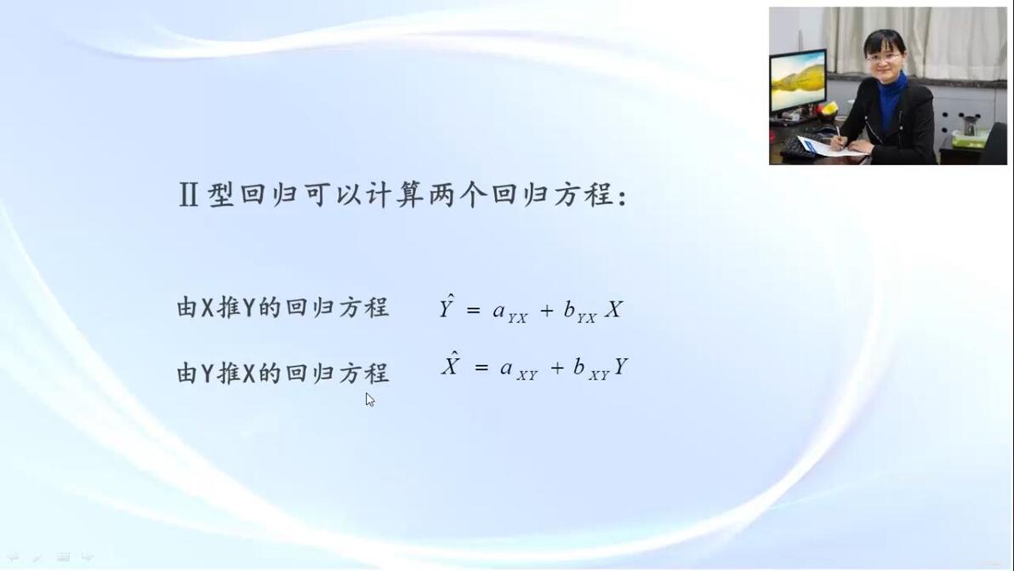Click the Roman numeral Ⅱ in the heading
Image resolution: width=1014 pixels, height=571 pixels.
pos(188,195)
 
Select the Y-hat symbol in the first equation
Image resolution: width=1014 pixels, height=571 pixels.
pos(447,306)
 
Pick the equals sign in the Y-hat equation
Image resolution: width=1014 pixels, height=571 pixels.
pos(473,311)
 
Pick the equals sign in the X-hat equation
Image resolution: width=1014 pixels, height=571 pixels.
pos(481,368)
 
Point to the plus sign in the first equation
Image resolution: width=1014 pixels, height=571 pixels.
pos(547,311)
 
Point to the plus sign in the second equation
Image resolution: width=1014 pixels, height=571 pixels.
pos(557,368)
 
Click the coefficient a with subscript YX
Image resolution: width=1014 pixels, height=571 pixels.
pos(510,312)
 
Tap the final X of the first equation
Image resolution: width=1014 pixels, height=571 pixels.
pos(613,309)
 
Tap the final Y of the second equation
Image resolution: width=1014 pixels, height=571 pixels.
pos(621,367)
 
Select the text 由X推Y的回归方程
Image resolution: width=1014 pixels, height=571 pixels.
pos(282,307)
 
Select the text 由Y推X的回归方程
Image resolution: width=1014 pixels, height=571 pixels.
pos(282,373)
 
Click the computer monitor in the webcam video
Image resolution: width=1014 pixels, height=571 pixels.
pos(797,82)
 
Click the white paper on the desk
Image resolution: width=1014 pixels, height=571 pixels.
pos(827,147)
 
